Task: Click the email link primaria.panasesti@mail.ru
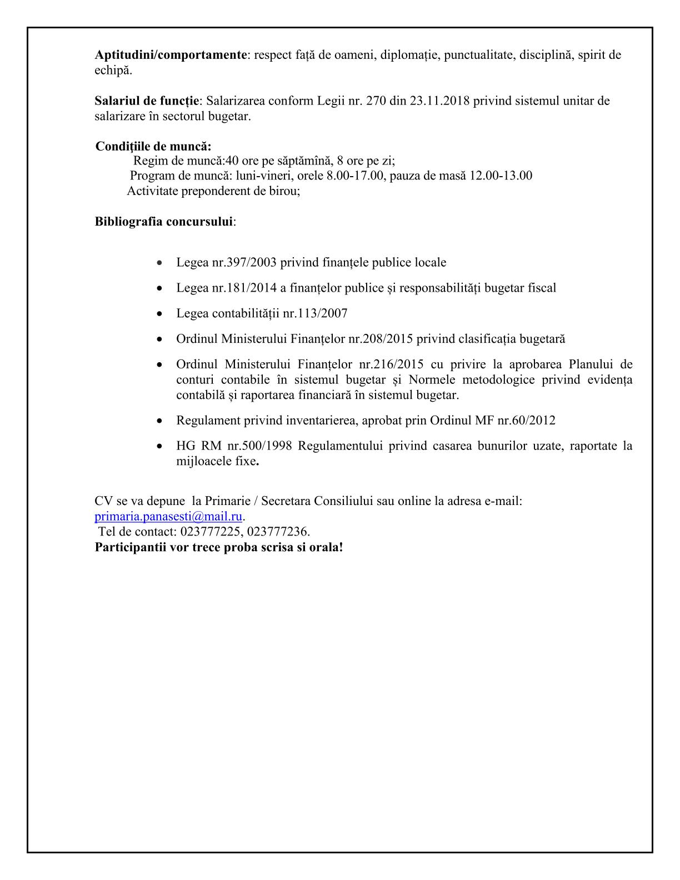click(x=168, y=516)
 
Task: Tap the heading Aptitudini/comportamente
click(x=171, y=55)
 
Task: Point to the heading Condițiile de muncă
click(x=153, y=147)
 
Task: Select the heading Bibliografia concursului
click(x=163, y=222)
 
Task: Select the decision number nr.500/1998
click(x=258, y=446)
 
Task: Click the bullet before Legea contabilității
click(x=160, y=314)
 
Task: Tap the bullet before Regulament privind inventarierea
click(x=160, y=421)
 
